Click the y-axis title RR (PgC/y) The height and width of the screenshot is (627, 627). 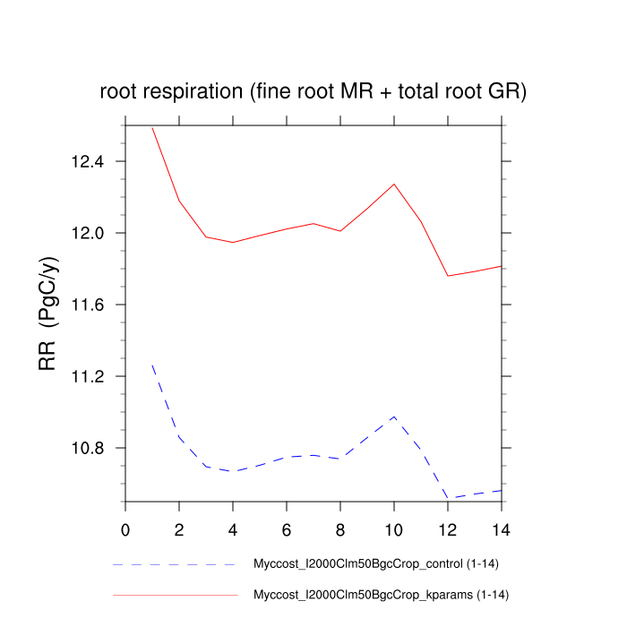[47, 313]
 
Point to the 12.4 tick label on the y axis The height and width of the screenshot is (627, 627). [87, 162]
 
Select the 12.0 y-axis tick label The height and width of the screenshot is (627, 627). [87, 234]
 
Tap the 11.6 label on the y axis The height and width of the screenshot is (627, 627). [87, 305]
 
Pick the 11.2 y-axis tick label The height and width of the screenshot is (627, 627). [87, 377]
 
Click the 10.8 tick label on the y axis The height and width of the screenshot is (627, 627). [87, 449]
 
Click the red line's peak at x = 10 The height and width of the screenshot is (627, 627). [394, 184]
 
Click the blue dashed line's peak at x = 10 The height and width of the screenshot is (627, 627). [394, 417]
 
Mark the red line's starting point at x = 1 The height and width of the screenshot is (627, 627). [152, 128]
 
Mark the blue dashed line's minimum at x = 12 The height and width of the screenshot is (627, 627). [448, 497]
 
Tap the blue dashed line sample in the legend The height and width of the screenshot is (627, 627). [174, 565]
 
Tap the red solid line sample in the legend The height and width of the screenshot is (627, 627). [174, 595]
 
